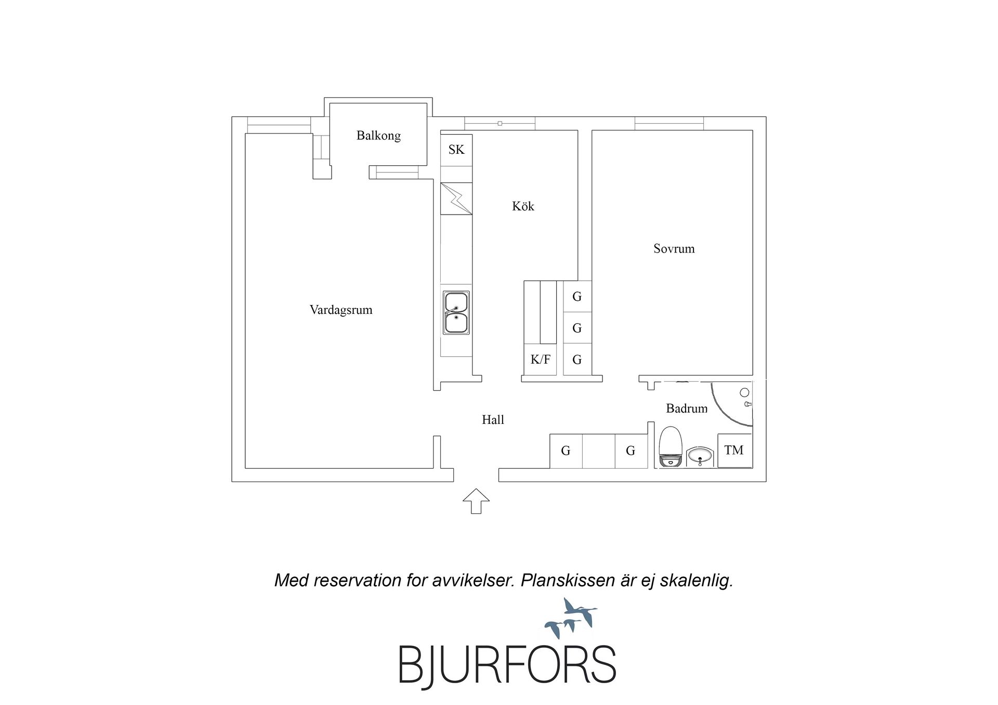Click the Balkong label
[378, 136]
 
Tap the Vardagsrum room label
[341, 310]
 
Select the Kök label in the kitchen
[523, 206]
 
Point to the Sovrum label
[674, 248]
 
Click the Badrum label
[687, 408]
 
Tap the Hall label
[493, 420]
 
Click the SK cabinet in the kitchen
[456, 150]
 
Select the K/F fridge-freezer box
[540, 359]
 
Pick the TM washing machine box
[734, 450]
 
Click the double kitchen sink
[456, 312]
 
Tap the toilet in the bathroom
[671, 447]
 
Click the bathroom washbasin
[700, 456]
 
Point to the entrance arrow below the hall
[476, 501]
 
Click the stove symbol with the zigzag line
[456, 198]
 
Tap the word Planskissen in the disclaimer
[568, 580]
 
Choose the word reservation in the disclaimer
[358, 580]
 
